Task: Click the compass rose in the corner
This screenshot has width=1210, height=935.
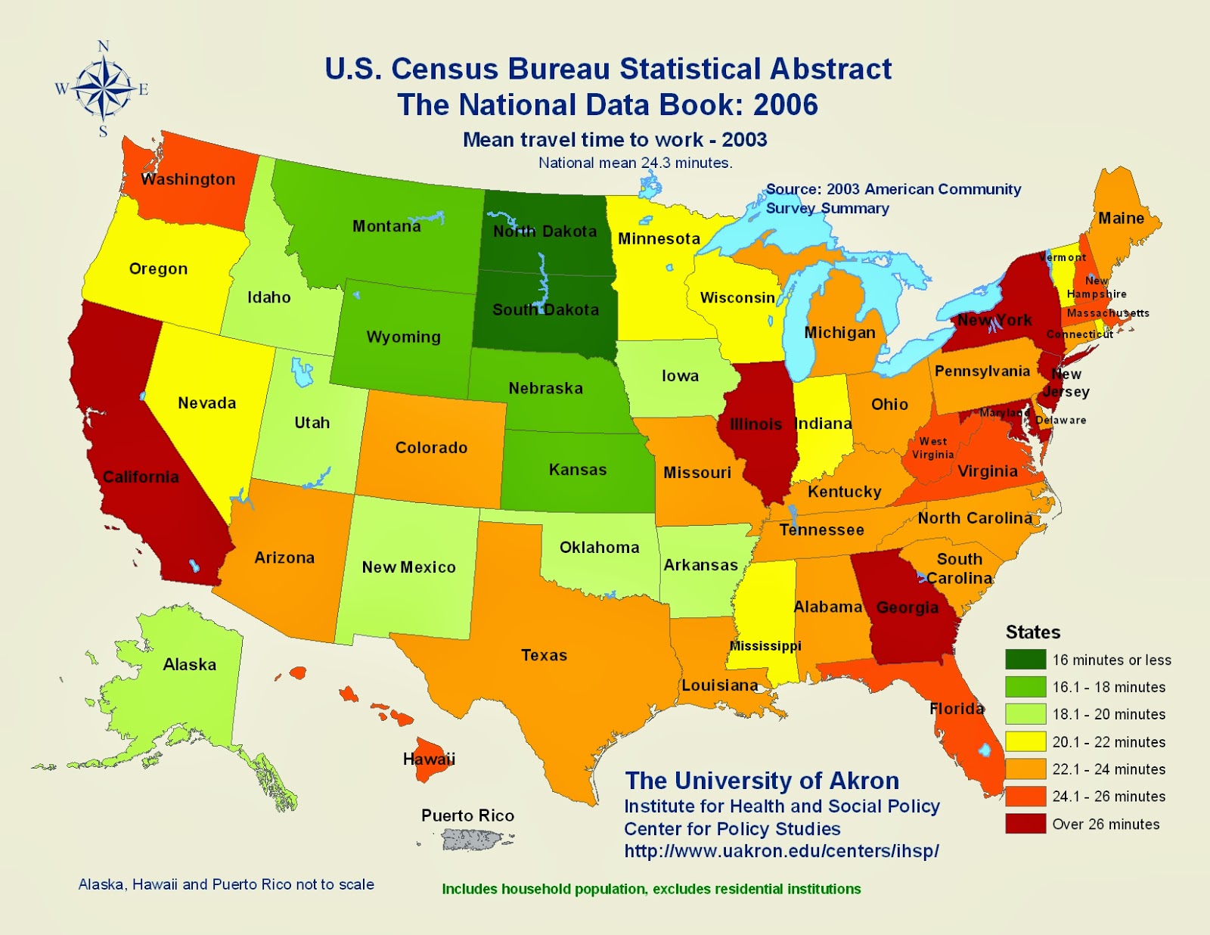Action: click(103, 89)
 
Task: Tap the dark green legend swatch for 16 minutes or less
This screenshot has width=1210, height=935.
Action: click(1025, 660)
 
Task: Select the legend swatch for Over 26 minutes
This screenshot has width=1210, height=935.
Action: click(1025, 824)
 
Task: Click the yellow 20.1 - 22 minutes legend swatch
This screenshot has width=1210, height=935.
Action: click(1025, 741)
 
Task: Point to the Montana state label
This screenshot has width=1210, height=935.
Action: click(386, 226)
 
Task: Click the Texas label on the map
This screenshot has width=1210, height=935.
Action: click(544, 655)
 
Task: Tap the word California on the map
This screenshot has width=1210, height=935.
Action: click(141, 477)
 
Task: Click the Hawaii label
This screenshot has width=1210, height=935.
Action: click(429, 759)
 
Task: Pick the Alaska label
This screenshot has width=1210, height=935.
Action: click(190, 664)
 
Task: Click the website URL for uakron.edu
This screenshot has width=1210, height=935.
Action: click(781, 851)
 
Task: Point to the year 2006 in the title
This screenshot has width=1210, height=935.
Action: click(786, 105)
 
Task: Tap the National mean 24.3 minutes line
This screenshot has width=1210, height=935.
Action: click(635, 163)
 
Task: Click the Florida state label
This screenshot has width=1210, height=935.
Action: click(957, 709)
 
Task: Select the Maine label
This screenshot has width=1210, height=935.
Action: click(1121, 219)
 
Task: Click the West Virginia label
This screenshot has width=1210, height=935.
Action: click(932, 448)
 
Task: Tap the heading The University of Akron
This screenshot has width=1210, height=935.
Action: click(762, 780)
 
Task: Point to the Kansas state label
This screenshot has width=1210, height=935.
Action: click(578, 470)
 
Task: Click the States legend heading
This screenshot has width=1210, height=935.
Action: click(1032, 632)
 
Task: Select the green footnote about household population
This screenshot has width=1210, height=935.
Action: click(651, 889)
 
